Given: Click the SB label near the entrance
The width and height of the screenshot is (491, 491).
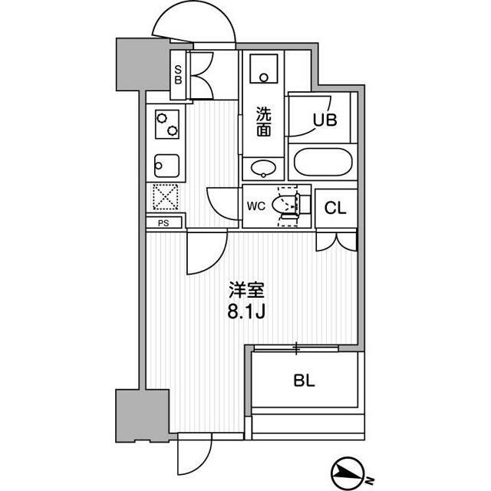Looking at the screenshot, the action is [178, 75].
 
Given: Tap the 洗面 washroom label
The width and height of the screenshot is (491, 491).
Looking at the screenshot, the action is [264, 121].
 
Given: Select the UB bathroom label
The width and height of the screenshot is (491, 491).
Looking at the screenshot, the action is [325, 120].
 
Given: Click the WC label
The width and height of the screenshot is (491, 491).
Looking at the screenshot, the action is [255, 206].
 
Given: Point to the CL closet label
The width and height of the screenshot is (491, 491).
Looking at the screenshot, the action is [335, 208].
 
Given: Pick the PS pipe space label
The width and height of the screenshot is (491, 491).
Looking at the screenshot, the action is [163, 223].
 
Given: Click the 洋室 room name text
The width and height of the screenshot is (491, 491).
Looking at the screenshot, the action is [247, 290].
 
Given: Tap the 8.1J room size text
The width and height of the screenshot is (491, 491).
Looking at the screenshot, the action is [246, 311].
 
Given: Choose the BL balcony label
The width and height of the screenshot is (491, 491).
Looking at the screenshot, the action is [304, 381].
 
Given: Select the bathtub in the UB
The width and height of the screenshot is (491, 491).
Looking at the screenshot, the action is [323, 162].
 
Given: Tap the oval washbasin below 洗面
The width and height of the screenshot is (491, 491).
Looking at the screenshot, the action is [263, 168].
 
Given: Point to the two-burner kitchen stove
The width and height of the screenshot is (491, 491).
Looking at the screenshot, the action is [167, 124].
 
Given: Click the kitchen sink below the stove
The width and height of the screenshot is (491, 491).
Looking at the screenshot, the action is [167, 166].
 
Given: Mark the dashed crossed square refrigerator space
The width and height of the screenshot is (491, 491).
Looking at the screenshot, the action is [166, 197].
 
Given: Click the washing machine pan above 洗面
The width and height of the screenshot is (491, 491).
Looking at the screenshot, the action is [264, 69].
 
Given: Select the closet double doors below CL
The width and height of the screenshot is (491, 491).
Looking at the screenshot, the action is [337, 242].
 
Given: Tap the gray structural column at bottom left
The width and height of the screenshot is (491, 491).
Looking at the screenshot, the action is [143, 416].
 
